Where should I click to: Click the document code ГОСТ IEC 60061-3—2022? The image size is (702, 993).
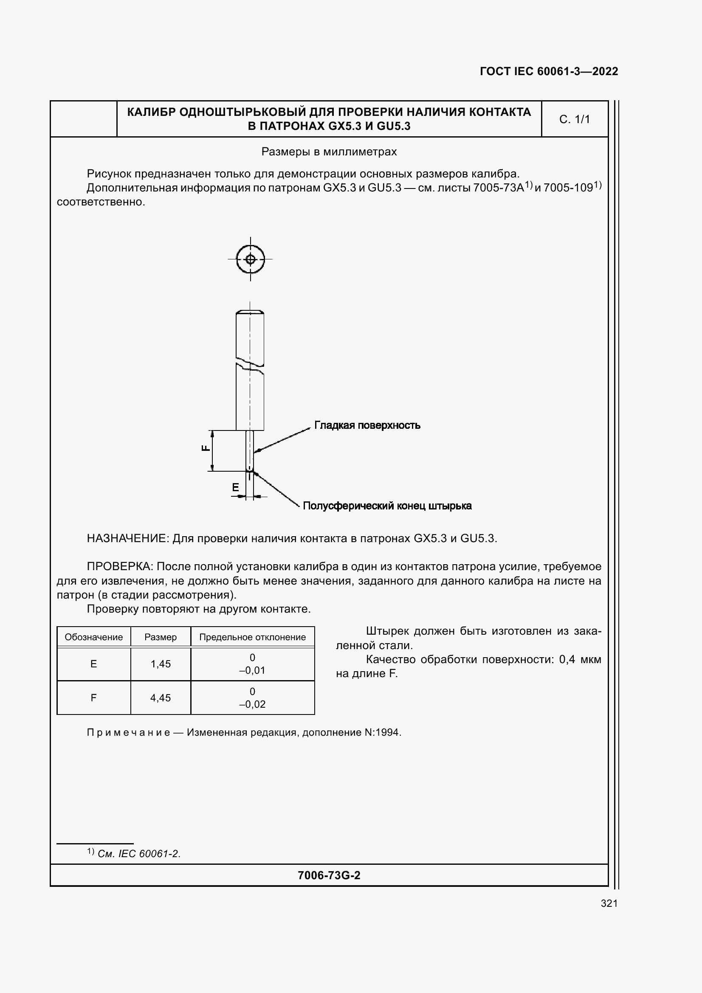coord(548,71)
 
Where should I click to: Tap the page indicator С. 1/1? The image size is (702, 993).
coord(574,119)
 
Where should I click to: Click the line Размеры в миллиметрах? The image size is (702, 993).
coord(329,152)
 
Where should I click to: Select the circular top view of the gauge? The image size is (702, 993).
coord(251,259)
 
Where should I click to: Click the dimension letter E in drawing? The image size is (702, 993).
coord(235,487)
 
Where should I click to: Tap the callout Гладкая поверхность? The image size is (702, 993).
coord(367,425)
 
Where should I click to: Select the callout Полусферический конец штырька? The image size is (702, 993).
coord(387,506)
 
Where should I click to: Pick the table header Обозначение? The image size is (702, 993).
coord(93,637)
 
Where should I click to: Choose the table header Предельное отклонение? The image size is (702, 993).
coord(252,637)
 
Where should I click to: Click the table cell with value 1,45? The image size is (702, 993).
coord(161,664)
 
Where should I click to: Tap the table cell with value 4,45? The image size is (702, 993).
coord(161,698)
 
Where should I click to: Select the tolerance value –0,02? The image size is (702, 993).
coord(252,704)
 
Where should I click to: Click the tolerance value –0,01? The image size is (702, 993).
coord(252,670)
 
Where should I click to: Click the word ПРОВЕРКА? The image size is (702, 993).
coord(119,567)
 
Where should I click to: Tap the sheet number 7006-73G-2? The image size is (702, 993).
coord(329,875)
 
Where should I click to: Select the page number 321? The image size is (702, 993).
coord(609,903)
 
